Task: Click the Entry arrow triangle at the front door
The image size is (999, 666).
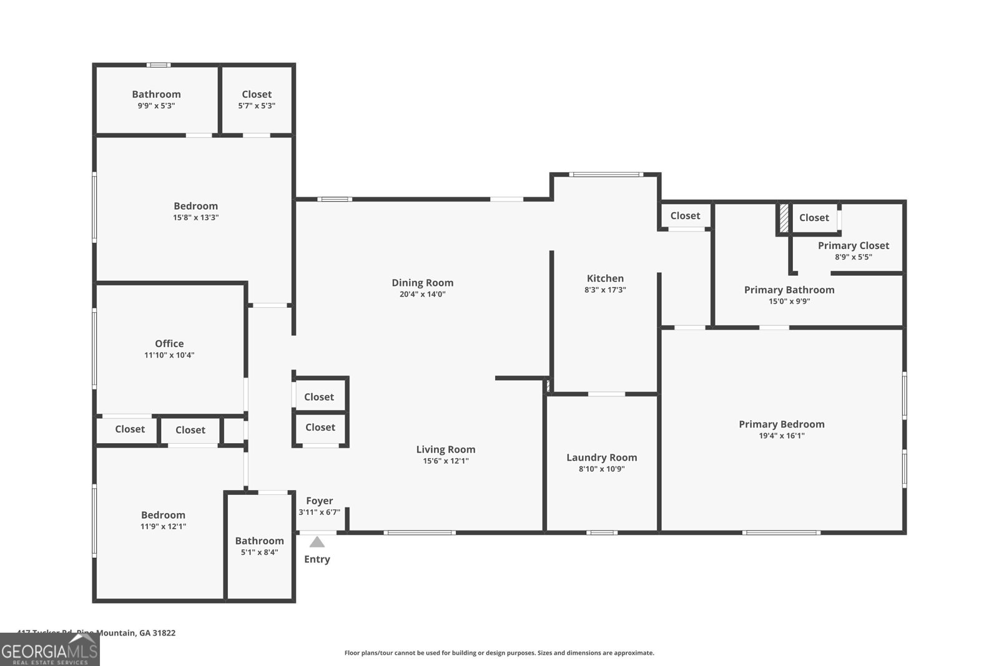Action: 317,542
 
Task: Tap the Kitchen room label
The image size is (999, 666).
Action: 605,278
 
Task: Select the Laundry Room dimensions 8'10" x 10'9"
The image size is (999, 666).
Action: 601,469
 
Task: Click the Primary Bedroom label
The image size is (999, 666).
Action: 781,424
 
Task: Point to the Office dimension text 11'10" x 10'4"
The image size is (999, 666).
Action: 169,355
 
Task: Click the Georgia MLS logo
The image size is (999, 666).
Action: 49,650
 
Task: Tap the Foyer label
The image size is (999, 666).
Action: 319,501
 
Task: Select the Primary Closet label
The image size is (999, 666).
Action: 853,245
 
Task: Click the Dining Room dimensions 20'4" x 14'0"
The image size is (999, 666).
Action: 422,294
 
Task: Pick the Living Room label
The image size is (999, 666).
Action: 445,449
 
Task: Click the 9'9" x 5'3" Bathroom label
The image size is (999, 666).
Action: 156,94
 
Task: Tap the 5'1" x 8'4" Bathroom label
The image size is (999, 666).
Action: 259,541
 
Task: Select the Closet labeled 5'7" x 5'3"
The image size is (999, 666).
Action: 257,94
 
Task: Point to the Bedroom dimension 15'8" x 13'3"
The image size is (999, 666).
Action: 195,218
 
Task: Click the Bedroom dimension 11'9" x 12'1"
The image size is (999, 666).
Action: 163,526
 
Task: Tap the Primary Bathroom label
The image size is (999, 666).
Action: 789,290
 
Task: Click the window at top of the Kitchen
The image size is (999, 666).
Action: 606,174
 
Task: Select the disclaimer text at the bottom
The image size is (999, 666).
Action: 499,653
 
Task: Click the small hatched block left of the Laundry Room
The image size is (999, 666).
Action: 548,386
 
